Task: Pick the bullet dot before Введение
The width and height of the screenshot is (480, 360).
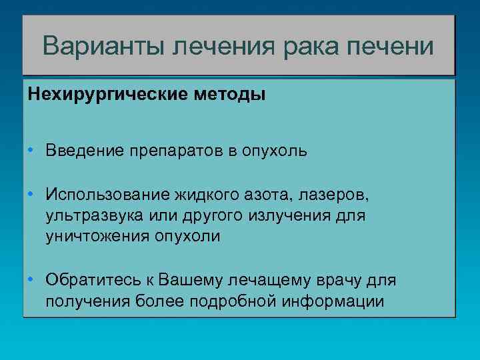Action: (x=31, y=149)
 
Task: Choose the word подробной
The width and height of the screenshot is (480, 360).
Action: (x=232, y=301)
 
